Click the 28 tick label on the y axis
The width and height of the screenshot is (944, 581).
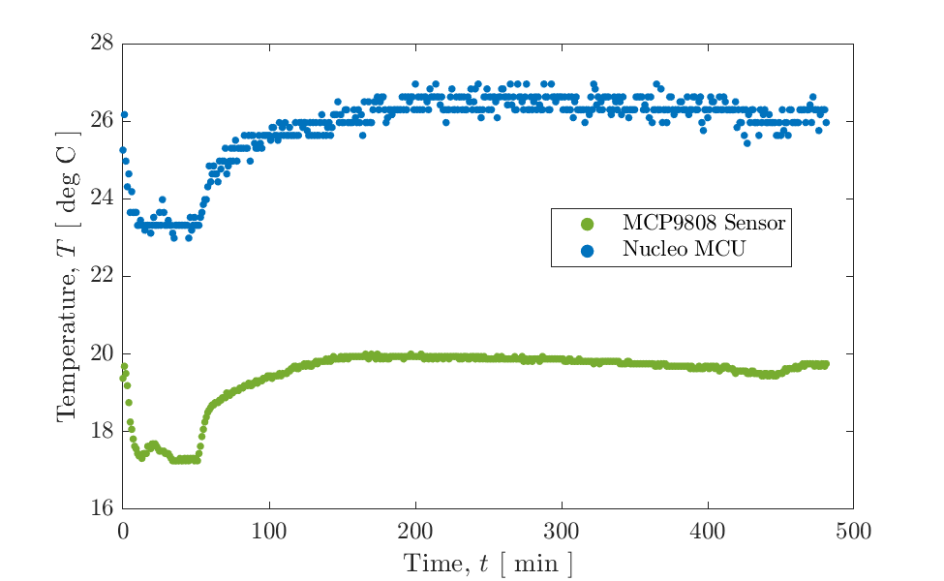[100, 44]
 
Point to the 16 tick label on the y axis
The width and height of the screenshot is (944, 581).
[100, 508]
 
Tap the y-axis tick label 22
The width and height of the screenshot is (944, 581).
[100, 276]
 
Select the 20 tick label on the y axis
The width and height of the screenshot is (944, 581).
[100, 353]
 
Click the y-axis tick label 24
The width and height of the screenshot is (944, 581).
[100, 199]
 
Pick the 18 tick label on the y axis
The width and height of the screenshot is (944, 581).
[100, 431]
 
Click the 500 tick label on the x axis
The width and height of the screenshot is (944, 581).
[853, 530]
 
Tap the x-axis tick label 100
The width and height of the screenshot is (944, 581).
[268, 530]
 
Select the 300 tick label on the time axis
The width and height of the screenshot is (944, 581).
[561, 530]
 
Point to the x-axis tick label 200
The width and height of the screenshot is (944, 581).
[414, 530]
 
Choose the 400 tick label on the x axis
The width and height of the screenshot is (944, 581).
[707, 530]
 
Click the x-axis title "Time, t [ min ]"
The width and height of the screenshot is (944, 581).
[487, 563]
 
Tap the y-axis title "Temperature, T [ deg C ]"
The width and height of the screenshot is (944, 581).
[66, 276]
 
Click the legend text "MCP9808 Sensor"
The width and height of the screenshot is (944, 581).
[703, 225]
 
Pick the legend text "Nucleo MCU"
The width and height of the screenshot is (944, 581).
[677, 250]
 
